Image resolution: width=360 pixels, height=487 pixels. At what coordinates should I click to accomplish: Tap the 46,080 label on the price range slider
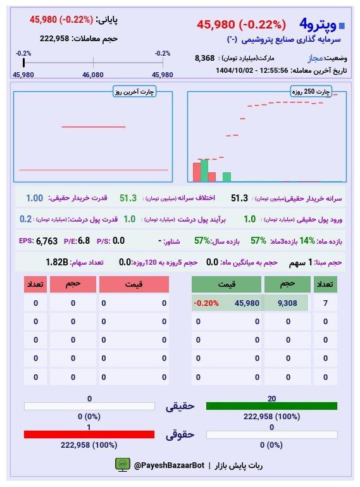[x=93, y=75]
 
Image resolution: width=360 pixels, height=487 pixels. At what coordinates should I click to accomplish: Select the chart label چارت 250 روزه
[x=310, y=92]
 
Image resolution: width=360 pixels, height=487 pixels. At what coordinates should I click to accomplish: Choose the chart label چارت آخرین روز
[x=134, y=92]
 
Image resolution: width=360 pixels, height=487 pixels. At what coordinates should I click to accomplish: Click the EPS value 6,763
[x=47, y=241]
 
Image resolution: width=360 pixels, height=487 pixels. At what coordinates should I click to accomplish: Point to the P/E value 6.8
[x=84, y=241]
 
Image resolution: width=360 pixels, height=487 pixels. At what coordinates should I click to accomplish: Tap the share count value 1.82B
[x=56, y=262]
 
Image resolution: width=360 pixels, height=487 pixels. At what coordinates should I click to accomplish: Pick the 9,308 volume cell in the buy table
[x=288, y=303]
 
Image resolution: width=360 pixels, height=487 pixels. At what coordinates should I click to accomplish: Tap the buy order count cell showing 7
[x=325, y=303]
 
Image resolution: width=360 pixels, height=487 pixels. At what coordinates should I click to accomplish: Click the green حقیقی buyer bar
[x=271, y=406]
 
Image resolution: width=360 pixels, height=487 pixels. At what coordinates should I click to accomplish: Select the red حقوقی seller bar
[x=89, y=434]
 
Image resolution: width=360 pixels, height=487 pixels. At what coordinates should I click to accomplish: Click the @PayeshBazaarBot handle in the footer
[x=169, y=465]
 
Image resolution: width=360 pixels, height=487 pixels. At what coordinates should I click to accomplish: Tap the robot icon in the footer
[x=122, y=465]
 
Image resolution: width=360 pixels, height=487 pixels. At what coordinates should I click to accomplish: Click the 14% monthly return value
[x=307, y=241]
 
